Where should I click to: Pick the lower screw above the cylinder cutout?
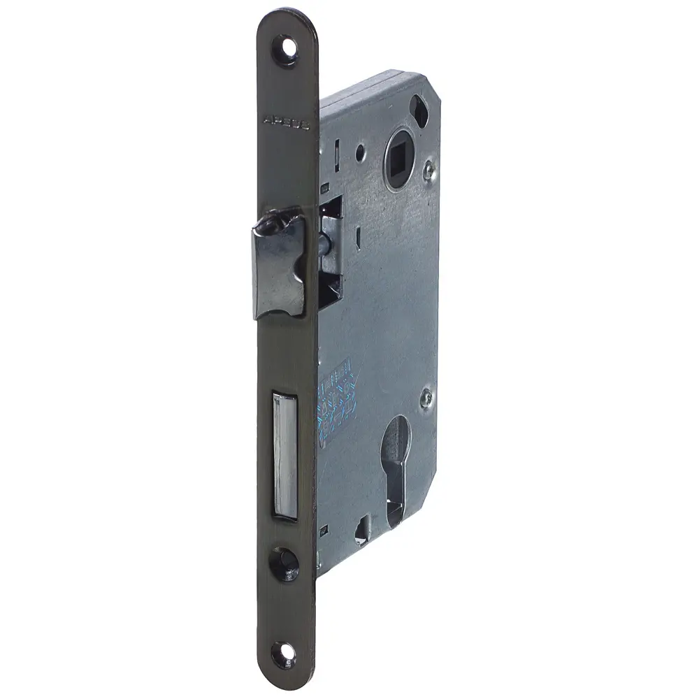pyautogui.click(x=425, y=398)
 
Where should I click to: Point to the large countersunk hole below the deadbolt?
pyautogui.click(x=284, y=563)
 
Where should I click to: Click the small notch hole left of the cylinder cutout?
pyautogui.click(x=362, y=532)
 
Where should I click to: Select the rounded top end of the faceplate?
pyautogui.click(x=286, y=21)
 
